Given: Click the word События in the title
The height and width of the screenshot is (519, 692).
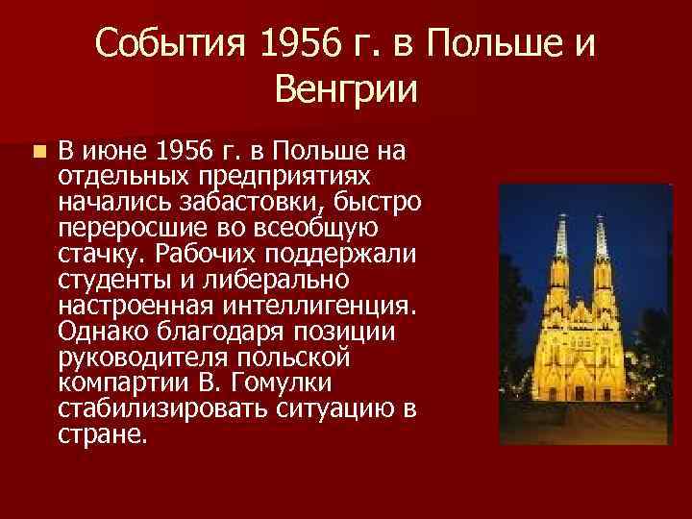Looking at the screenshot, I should coord(167,42).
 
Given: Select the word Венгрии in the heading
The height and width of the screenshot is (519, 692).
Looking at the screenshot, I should coord(346,91).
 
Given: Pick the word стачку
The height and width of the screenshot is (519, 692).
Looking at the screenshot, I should coord(94,255).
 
